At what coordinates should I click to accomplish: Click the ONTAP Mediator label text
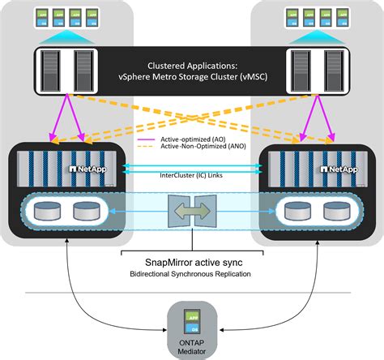tap(192, 348)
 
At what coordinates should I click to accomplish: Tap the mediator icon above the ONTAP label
tap(192, 318)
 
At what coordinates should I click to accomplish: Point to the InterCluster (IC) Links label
tap(191, 173)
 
